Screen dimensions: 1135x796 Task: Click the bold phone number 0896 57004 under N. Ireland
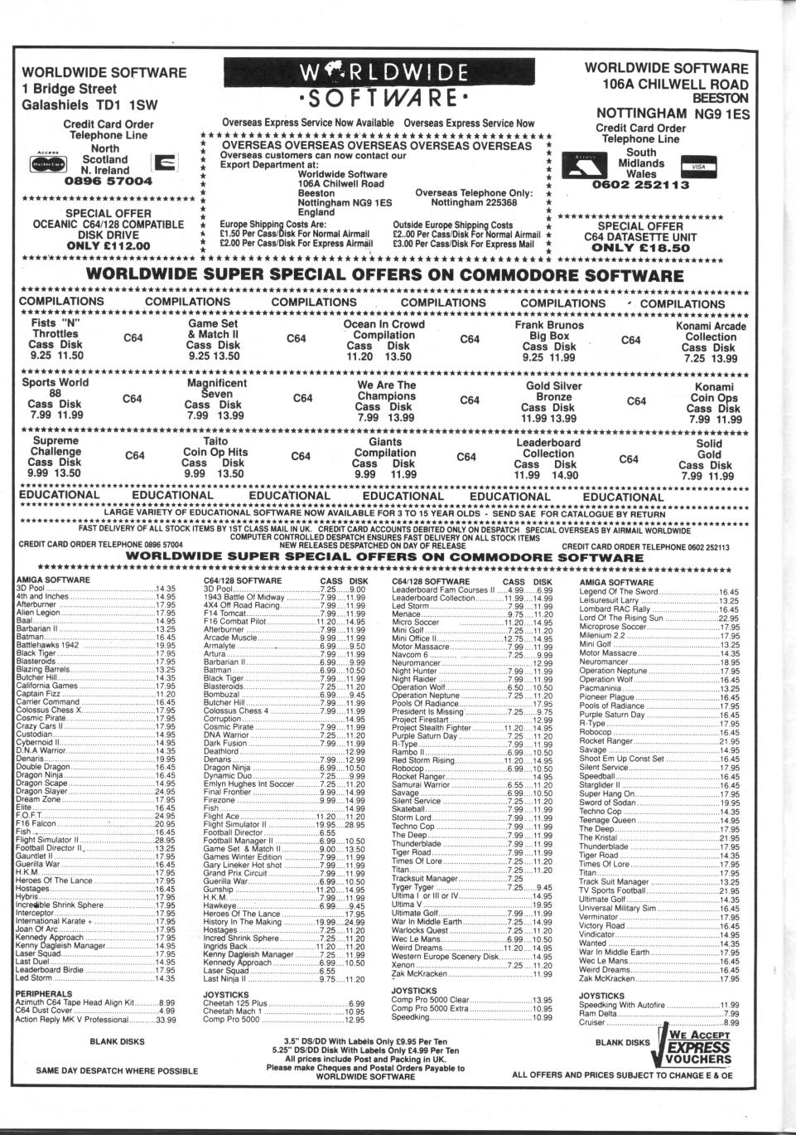[109, 180]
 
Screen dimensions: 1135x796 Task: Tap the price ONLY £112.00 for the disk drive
[108, 245]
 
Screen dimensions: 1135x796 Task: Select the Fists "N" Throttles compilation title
[55, 327]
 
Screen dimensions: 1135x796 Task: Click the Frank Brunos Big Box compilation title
[549, 331]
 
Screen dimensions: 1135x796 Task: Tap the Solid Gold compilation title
[709, 449]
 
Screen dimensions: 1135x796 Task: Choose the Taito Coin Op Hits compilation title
[215, 447]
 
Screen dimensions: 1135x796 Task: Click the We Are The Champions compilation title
[386, 390]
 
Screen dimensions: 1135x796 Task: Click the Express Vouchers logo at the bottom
[695, 1049]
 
